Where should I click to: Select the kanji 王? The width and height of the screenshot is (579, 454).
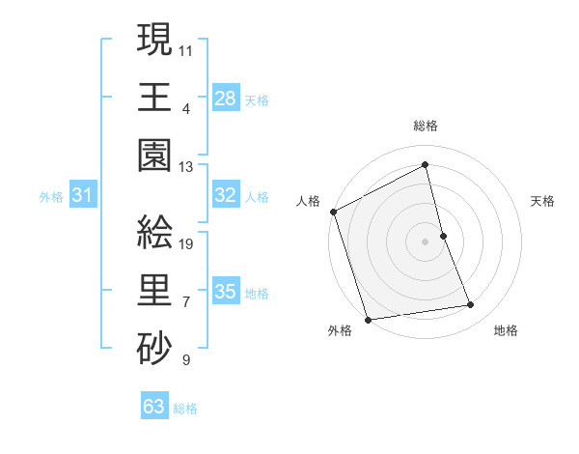click(154, 98)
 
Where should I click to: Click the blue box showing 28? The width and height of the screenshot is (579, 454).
click(225, 98)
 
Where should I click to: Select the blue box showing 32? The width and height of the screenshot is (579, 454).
click(225, 195)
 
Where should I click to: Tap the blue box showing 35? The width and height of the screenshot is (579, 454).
click(225, 292)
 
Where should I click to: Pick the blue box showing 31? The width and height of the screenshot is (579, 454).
click(82, 195)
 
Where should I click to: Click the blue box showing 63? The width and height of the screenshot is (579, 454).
click(154, 407)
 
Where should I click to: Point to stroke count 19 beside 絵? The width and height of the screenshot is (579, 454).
click(187, 244)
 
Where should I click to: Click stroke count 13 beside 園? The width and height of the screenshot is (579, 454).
click(187, 167)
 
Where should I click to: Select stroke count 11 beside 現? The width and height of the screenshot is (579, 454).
click(187, 50)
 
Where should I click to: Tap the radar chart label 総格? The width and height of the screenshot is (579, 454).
click(425, 126)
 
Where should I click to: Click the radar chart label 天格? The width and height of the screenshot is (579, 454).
click(543, 201)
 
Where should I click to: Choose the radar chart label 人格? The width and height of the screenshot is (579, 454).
click(309, 201)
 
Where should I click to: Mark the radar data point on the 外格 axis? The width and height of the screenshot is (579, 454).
click(368, 319)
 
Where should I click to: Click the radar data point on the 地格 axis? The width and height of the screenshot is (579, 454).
click(471, 305)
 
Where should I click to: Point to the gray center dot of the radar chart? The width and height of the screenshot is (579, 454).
click(425, 241)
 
